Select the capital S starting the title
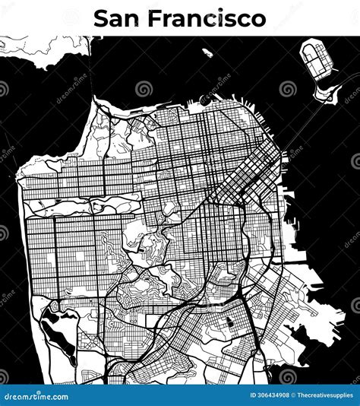[101, 18]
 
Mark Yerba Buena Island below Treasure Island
[327, 93]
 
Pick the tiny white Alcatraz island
[207, 53]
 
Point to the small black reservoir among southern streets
[227, 323]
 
